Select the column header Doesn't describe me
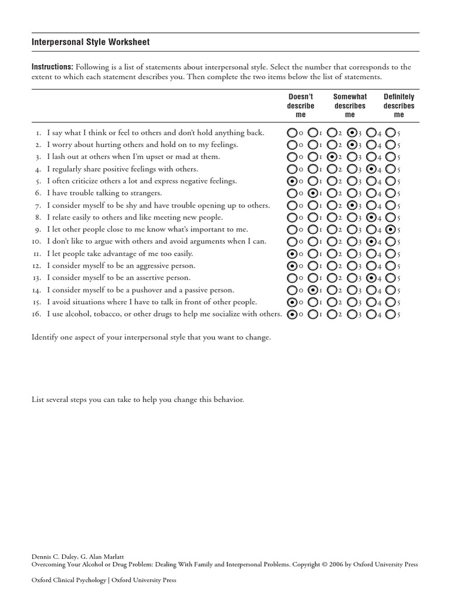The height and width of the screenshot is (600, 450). pyautogui.click(x=301, y=105)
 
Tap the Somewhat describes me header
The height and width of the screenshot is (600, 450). pyautogui.click(x=350, y=105)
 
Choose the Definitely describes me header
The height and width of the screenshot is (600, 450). pyautogui.click(x=398, y=105)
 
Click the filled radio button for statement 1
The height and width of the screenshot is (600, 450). pyautogui.click(x=352, y=132)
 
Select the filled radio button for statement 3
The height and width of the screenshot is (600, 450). pyautogui.click(x=332, y=157)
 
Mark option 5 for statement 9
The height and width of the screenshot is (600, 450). pyautogui.click(x=391, y=229)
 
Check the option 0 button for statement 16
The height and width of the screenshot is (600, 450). pyautogui.click(x=292, y=314)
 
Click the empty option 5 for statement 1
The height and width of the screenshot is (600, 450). pyautogui.click(x=391, y=132)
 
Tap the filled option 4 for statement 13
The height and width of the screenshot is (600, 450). pyautogui.click(x=371, y=278)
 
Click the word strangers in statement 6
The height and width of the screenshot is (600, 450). pyautogui.click(x=145, y=193)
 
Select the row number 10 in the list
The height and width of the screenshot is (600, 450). pyautogui.click(x=36, y=241)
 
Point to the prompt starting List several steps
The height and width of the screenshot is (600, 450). pyautogui.click(x=137, y=400)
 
